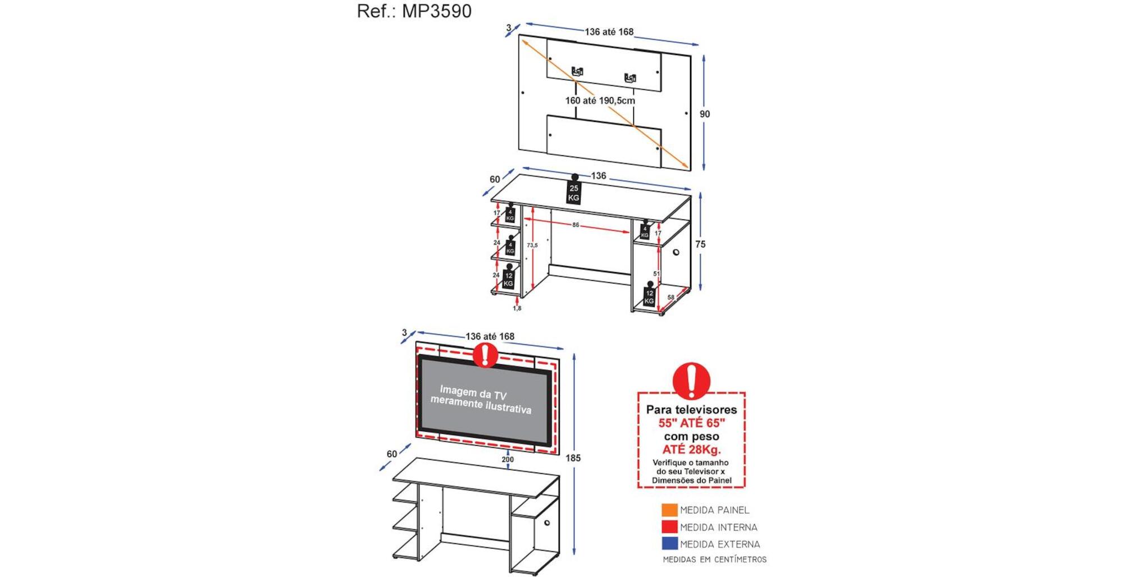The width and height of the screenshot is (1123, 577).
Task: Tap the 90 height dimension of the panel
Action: tap(705, 114)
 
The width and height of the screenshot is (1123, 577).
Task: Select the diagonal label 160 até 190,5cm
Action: tap(600, 100)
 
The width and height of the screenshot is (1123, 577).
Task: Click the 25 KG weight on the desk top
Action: tap(573, 193)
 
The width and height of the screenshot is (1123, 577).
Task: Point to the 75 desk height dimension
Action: tap(700, 244)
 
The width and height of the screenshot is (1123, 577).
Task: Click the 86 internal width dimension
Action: tap(576, 225)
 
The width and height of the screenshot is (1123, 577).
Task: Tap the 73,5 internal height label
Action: tap(532, 245)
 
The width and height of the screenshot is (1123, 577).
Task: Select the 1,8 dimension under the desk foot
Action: tap(517, 308)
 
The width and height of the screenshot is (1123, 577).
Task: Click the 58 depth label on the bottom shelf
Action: tap(670, 297)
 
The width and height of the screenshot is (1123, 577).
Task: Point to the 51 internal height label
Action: tap(656, 274)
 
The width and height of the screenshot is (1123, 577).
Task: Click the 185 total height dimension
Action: tap(573, 458)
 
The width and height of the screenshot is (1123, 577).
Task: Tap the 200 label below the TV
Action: tap(508, 459)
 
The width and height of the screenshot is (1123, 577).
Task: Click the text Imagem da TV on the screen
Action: tap(473, 392)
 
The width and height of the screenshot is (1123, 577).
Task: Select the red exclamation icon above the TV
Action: tap(485, 355)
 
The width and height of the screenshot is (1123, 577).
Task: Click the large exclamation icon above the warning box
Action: tap(691, 381)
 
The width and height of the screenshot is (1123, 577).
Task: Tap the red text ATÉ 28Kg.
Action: tap(691, 449)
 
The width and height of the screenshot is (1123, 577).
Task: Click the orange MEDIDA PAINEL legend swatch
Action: tap(669, 510)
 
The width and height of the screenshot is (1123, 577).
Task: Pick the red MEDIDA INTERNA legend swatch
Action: tap(669, 526)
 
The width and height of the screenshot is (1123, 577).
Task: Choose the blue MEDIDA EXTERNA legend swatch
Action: tap(669, 543)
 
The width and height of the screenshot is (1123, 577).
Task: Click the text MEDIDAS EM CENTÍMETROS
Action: tap(714, 560)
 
